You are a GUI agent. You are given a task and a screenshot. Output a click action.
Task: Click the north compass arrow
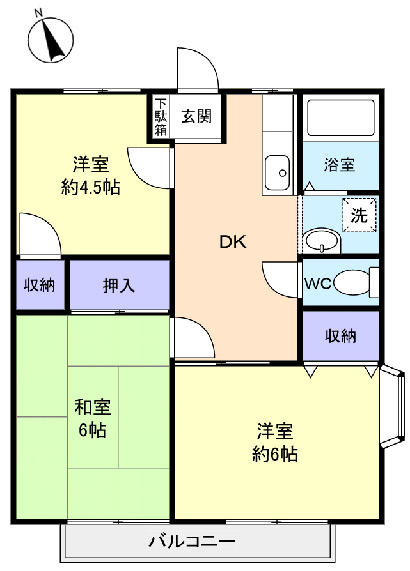click(x=52, y=41)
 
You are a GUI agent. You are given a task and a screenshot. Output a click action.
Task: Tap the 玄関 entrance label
click(x=196, y=116)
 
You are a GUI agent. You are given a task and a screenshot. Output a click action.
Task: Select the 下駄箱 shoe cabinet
click(x=160, y=116)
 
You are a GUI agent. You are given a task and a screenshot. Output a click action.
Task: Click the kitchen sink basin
click(x=277, y=172)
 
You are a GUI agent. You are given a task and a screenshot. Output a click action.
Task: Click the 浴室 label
click(x=340, y=165)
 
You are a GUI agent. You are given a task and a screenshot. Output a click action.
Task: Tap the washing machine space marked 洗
click(x=359, y=215)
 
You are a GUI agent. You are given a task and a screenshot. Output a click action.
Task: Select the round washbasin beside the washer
click(x=322, y=241)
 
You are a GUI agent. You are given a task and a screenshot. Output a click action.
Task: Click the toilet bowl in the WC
click(x=352, y=282)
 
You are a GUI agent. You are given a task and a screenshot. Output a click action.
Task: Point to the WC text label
click(x=317, y=284)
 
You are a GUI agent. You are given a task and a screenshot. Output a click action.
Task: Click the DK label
click(x=233, y=242)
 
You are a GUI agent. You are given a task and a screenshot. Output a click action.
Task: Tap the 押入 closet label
click(x=118, y=285)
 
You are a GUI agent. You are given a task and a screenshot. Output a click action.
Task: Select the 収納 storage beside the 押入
click(x=40, y=284)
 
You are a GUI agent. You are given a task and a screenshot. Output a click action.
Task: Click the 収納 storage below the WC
click(x=341, y=336)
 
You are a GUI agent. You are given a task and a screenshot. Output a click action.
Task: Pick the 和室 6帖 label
click(x=93, y=418)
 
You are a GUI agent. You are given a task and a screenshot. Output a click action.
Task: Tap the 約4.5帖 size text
click(x=90, y=188)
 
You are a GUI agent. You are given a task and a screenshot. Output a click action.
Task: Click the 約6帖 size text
click(x=275, y=454)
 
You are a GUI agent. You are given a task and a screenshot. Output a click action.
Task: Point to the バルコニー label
click(x=192, y=542)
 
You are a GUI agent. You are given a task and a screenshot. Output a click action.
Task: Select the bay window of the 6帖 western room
click(x=393, y=407)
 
